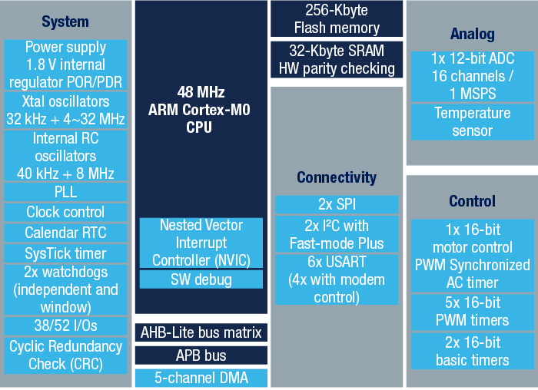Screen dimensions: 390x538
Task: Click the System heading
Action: coord(65,21)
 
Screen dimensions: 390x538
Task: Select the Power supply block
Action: coord(65,65)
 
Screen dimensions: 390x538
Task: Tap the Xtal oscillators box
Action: coord(65,111)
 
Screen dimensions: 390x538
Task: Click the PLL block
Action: coord(65,191)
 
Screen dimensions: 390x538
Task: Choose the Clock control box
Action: coord(65,212)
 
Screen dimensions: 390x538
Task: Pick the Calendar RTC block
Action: coord(65,233)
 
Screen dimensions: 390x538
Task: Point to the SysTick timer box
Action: coord(65,253)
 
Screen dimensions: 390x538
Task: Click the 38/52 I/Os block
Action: coord(65,326)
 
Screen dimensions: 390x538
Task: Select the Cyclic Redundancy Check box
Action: coord(65,355)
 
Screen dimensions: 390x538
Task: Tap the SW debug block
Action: coord(201,279)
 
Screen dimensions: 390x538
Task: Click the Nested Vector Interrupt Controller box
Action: coord(201,243)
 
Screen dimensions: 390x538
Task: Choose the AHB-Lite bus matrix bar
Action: coord(201,333)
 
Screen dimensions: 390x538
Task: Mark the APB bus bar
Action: coord(201,355)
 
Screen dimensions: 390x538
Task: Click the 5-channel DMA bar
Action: coord(201,378)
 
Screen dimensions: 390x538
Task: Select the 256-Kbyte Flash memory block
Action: coord(337,19)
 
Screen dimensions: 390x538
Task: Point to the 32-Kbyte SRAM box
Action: coord(337,60)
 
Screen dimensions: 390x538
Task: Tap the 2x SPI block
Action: coord(337,204)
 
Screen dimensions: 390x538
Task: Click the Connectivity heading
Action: coord(337,177)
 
